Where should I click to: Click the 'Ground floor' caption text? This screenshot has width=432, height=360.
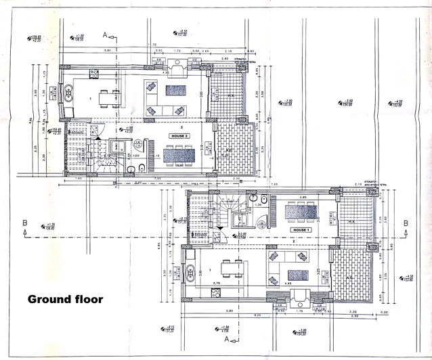(65, 298)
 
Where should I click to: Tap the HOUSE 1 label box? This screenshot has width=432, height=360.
(301, 230)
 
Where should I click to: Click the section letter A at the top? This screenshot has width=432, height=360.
(105, 34)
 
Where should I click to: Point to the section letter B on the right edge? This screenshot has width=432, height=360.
(406, 223)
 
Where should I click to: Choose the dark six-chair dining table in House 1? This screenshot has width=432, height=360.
(298, 211)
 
